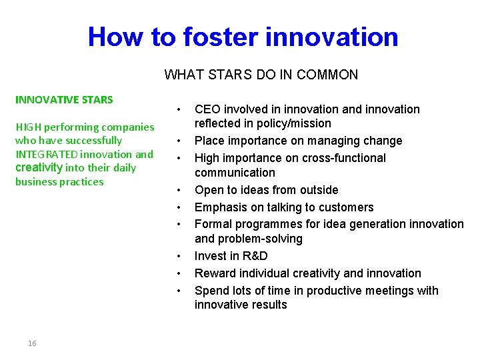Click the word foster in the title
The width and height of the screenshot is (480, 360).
(207, 37)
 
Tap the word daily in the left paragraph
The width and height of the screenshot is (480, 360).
(124, 168)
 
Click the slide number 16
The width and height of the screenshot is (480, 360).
(32, 343)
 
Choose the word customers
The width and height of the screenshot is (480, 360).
(347, 207)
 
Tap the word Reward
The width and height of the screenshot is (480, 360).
(213, 273)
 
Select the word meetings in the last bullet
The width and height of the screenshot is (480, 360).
(365, 291)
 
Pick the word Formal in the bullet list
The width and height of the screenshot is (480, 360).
(212, 225)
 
